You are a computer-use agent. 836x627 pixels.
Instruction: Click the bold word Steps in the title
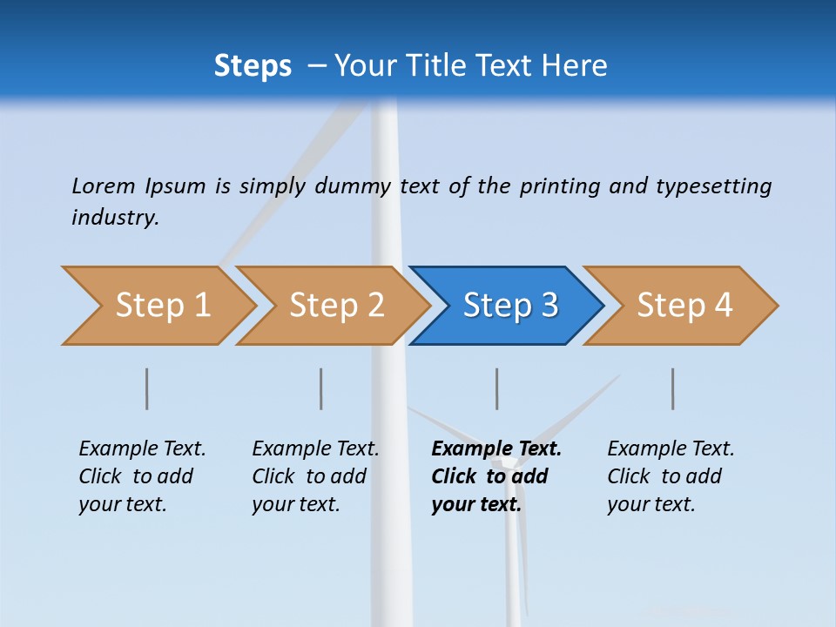pos(253,66)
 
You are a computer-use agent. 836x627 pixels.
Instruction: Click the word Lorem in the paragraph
pos(103,185)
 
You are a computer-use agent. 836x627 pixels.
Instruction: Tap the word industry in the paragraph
pos(115,217)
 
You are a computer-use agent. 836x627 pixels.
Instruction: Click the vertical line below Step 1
pos(147,388)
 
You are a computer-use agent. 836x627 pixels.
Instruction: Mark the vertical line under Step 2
pos(321,388)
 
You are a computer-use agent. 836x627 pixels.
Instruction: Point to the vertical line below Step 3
pos(497,388)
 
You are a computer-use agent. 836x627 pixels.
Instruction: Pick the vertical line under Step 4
pos(673,388)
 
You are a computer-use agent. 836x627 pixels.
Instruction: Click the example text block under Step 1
pos(142,476)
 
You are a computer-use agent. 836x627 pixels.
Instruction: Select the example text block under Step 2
pos(315,476)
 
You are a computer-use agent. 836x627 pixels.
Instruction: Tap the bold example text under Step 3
pos(496,476)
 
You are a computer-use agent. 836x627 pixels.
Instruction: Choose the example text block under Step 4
pos(671,476)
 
